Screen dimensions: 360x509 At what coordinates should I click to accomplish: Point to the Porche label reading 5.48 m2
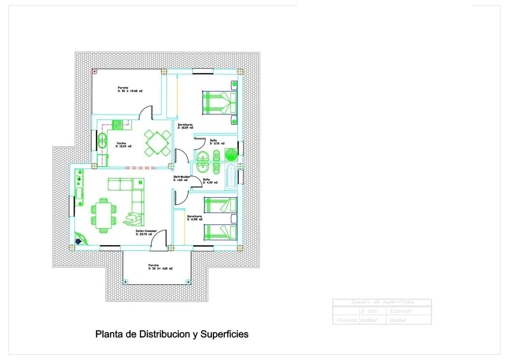(130, 89)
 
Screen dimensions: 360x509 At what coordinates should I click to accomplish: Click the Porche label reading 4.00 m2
(160, 267)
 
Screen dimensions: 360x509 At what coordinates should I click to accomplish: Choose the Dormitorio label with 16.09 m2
(185, 126)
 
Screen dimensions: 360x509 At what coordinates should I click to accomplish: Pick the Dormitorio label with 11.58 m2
(194, 218)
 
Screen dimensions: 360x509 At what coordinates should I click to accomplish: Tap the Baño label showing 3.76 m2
(217, 142)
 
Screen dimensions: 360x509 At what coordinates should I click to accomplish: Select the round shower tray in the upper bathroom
(231, 155)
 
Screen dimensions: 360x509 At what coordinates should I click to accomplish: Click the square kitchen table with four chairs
(157, 143)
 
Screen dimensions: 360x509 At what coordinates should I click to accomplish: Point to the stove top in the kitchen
(117, 125)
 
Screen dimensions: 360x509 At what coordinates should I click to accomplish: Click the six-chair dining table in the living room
(104, 215)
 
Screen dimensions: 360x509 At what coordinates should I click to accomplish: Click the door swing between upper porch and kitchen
(146, 113)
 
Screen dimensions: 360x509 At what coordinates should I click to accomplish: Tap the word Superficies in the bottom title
(224, 334)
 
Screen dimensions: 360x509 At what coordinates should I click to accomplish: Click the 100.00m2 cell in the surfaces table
(398, 320)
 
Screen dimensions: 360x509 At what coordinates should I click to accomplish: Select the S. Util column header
(368, 311)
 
